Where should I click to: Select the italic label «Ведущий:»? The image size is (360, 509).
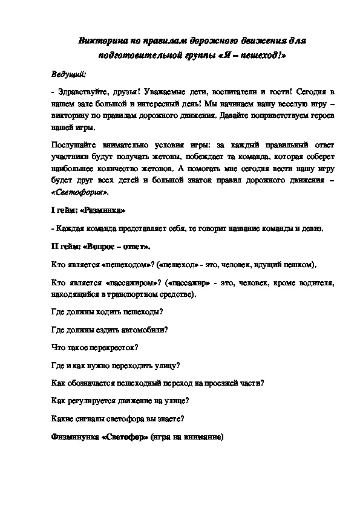[68, 74]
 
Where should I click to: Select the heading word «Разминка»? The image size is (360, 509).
[103, 210]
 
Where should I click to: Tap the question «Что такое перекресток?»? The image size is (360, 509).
[94, 348]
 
